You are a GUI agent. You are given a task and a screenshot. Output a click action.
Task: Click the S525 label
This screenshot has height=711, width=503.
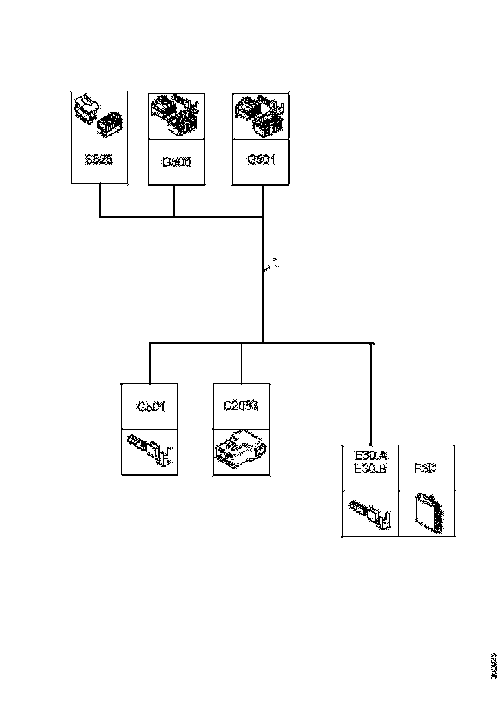tap(99, 160)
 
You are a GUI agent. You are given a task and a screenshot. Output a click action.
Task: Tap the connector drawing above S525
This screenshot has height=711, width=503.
tap(99, 116)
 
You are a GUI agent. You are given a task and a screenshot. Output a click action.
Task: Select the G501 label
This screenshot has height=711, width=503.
tap(261, 160)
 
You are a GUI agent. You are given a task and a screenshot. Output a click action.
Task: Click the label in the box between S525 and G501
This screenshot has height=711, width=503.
tap(177, 161)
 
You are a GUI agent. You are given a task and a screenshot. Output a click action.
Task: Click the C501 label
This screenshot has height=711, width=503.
tap(151, 407)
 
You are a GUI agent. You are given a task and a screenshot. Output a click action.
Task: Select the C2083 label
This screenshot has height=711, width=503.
tap(241, 407)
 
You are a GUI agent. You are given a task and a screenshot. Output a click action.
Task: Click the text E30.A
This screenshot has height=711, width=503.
tap(370, 456)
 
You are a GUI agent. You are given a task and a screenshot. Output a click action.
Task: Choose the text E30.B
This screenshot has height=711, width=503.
tap(370, 469)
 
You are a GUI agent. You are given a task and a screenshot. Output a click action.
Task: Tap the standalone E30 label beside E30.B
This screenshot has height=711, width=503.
tap(425, 469)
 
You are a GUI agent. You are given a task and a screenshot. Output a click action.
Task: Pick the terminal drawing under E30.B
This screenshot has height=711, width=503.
tap(370, 513)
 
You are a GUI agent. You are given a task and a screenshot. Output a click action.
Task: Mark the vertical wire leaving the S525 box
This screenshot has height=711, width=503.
tap(99, 200)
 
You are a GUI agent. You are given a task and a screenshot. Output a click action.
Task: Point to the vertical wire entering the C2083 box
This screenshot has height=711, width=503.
tap(241, 363)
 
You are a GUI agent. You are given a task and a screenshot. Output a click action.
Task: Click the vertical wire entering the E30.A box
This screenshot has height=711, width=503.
tap(370, 394)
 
